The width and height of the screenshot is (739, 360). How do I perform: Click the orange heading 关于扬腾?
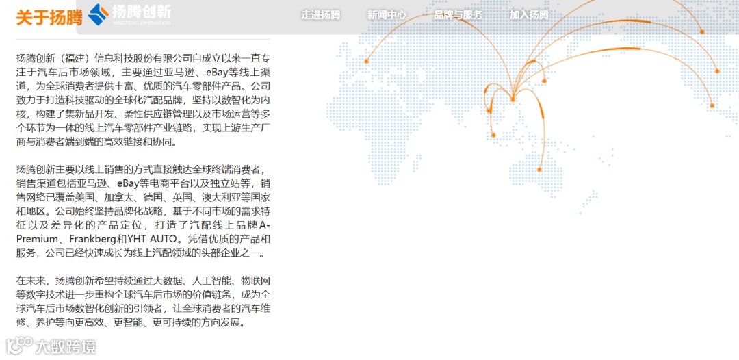pos(49,17)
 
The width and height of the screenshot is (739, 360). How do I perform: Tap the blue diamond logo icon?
pos(99,14)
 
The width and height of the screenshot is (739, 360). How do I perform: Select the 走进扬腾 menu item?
pos(320,15)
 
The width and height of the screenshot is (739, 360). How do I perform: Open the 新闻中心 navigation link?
pos(387,15)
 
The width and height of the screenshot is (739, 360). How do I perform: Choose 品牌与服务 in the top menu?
pos(458,15)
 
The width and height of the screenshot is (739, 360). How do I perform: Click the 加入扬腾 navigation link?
pos(528,15)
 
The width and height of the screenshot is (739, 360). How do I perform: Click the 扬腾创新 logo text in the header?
pos(142,12)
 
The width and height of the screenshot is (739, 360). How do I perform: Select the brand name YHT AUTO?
pos(153,239)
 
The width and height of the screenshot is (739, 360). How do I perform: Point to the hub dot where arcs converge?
pos(513,100)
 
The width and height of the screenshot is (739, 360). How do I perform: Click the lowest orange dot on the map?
pos(539,169)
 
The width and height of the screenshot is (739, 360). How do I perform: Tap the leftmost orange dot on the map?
pos(366,61)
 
